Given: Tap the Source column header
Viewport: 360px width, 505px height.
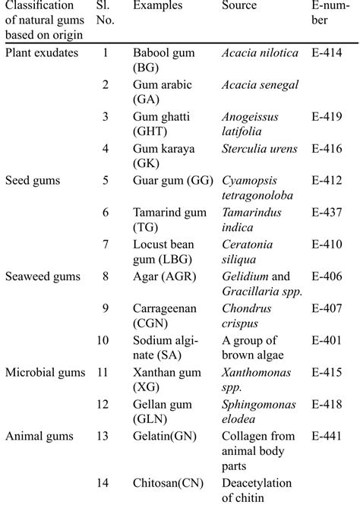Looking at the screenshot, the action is click(x=239, y=6).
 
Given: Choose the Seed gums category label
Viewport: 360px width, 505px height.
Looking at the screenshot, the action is click(x=33, y=181).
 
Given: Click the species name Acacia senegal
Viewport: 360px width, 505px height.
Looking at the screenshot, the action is click(x=261, y=84).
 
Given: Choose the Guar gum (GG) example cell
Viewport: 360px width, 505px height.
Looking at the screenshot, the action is click(x=172, y=181).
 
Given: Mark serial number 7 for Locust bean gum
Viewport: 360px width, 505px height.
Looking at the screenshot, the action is click(x=106, y=245).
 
